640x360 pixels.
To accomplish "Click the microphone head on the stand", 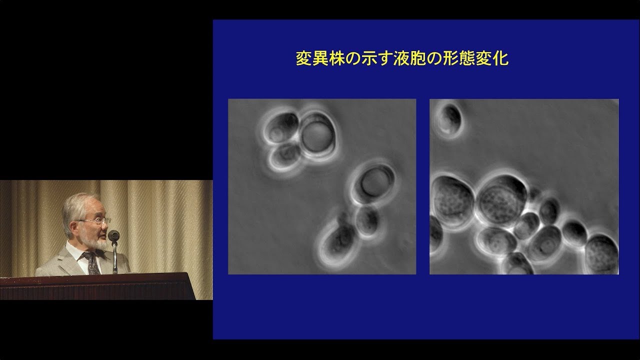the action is pyautogui.click(x=113, y=235).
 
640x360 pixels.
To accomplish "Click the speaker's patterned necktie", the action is pyautogui.click(x=92, y=263).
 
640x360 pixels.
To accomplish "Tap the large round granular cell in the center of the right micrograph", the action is pyautogui.click(x=502, y=200).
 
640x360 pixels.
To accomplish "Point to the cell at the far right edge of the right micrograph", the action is pyautogui.click(x=602, y=253).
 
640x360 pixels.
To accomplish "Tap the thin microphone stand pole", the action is pyautogui.click(x=115, y=257).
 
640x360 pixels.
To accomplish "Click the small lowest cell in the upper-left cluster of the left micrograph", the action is pyautogui.click(x=285, y=156).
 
